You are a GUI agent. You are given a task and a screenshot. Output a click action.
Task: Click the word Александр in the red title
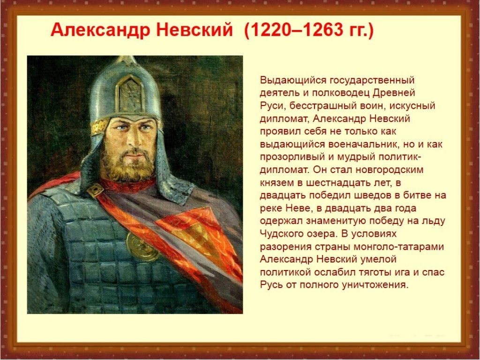coord(100,30)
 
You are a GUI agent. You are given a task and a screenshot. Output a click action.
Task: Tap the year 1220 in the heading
coord(271,30)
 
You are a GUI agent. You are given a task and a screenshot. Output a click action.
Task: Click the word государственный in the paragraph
coord(372,81)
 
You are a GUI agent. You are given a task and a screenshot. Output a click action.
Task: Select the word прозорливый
coord(292,157)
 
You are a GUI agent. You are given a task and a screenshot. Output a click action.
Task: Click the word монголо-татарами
coord(398,247)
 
